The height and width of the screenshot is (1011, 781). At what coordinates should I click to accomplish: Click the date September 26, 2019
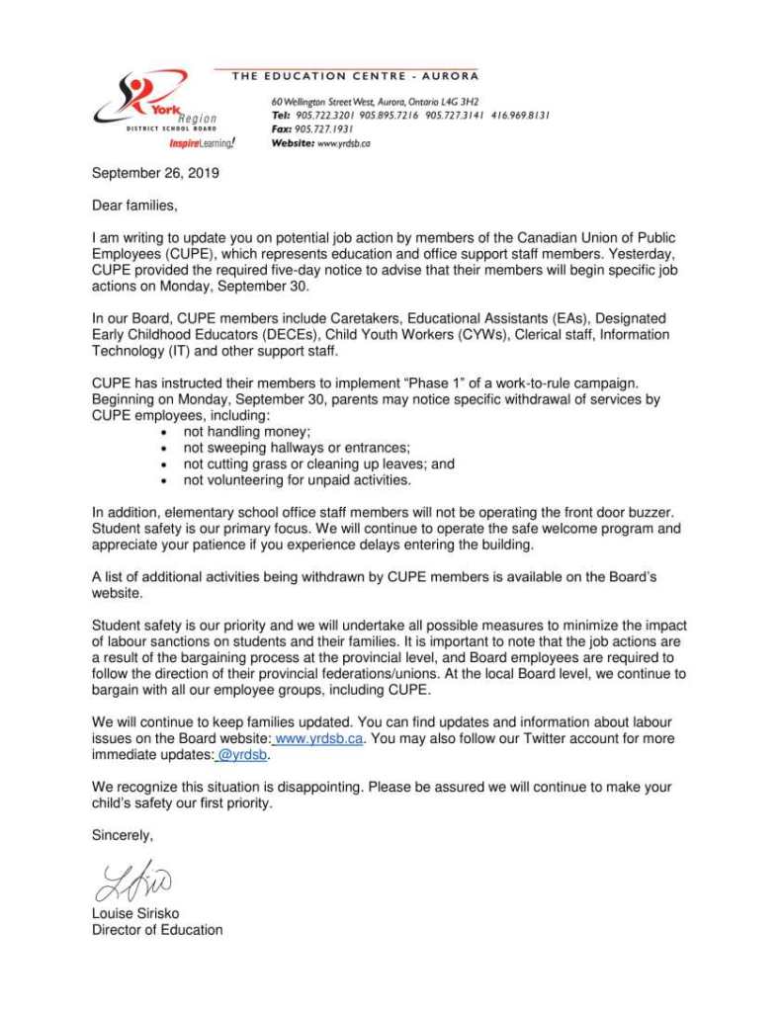tap(155, 173)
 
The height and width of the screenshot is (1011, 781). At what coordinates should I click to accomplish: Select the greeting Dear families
tap(134, 206)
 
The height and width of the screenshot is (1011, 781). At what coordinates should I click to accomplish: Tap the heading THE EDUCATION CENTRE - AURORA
tap(354, 76)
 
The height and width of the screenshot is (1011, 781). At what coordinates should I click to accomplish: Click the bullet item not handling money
tap(246, 432)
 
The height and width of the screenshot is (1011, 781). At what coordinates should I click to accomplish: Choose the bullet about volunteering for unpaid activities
tap(297, 479)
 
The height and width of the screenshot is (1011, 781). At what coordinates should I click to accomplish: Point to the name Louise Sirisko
tap(135, 913)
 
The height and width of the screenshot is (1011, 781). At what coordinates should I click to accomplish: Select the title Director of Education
tap(157, 929)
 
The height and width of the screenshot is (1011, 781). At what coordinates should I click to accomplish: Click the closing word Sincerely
tap(123, 834)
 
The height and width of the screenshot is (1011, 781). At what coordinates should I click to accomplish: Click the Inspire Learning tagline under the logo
tap(202, 143)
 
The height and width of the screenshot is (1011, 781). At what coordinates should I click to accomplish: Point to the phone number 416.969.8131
tap(520, 115)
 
